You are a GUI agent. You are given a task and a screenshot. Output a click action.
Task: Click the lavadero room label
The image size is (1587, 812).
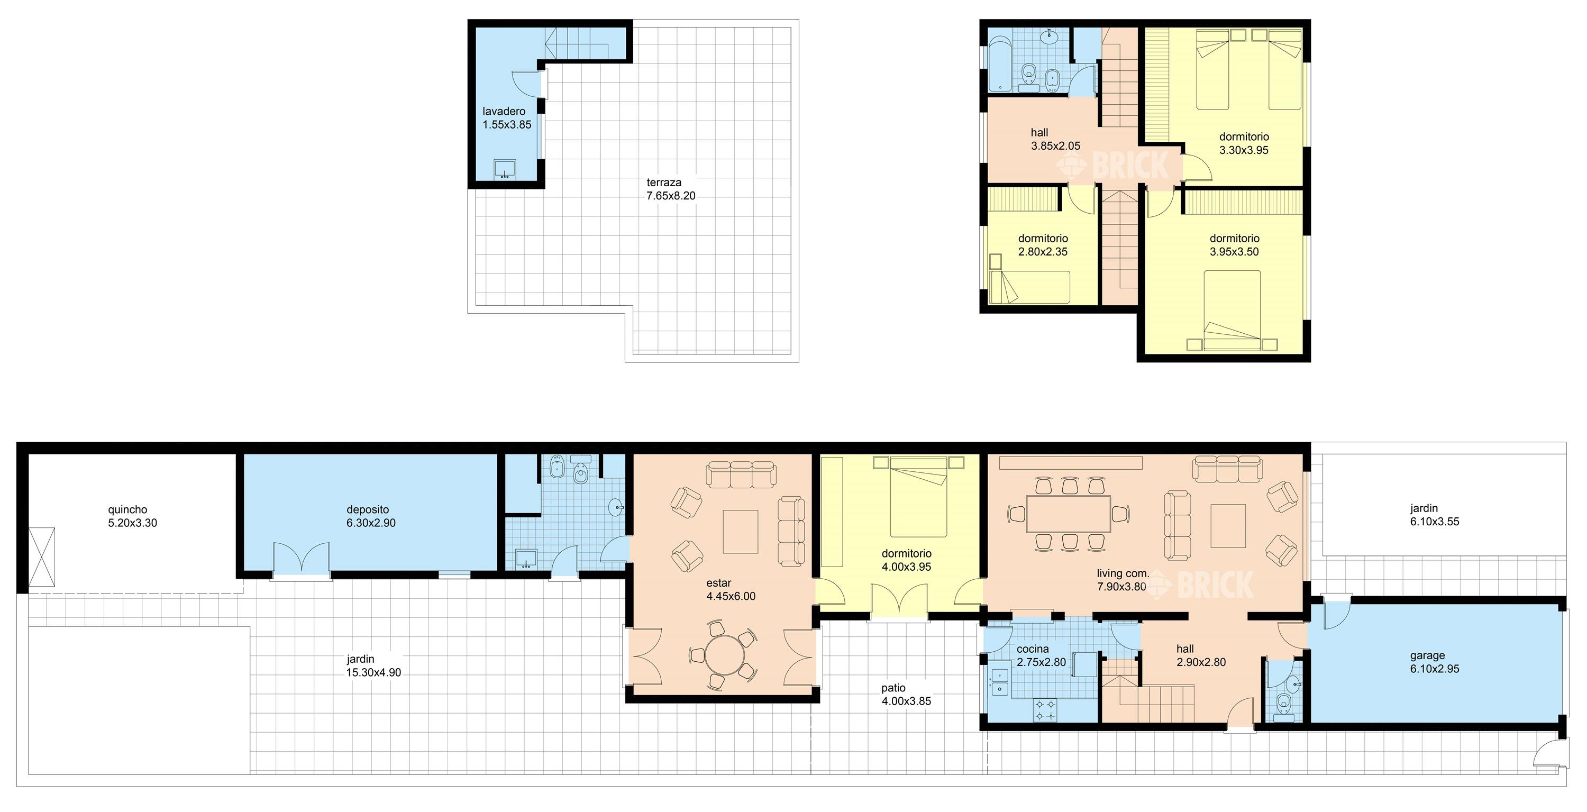coord(504,112)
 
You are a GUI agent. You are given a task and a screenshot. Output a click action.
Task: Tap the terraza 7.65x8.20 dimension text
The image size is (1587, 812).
coord(671,196)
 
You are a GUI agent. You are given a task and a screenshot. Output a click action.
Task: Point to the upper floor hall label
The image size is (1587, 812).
coord(1039,132)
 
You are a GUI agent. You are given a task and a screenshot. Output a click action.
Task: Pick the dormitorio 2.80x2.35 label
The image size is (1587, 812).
coord(1043,245)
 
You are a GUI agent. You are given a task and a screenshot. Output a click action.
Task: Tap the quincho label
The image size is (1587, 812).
coord(127,509)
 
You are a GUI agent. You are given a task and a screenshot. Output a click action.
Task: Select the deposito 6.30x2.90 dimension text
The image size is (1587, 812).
coord(371,523)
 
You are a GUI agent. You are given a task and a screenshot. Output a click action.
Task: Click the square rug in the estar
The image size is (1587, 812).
coord(741,532)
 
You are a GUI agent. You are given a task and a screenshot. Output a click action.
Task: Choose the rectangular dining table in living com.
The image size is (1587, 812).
coord(1068,514)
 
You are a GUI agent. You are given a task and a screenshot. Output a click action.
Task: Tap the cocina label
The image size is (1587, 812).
coord(1033,649)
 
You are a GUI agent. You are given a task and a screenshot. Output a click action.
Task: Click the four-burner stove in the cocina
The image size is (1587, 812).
coord(1045,710)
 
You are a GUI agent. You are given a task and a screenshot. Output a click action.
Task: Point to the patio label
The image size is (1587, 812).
coord(893,688)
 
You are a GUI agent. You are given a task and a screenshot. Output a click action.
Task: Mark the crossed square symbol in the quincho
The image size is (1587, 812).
coord(42,557)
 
